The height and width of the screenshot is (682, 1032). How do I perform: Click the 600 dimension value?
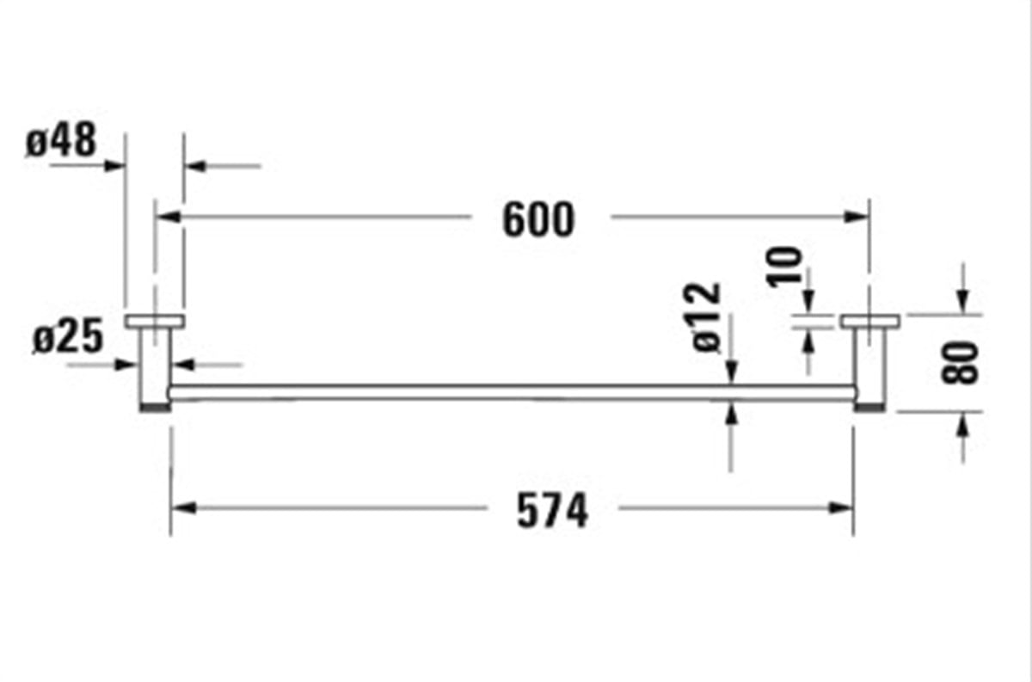tap(537, 220)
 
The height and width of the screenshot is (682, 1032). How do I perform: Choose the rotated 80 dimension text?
tap(961, 362)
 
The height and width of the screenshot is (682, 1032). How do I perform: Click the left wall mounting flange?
tap(155, 322)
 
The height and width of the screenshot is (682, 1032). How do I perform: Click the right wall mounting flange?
tap(870, 322)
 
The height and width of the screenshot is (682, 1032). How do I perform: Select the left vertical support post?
tap(155, 366)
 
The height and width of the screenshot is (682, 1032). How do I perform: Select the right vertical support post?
tap(869, 366)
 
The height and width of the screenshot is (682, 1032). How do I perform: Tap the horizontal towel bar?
tap(512, 392)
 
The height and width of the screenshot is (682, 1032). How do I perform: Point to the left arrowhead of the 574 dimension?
tap(183, 507)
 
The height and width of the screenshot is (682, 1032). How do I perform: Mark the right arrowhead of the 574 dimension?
tap(842, 507)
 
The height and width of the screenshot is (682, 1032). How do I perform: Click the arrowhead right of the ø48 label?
tap(115, 164)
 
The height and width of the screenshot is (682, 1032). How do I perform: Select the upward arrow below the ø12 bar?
tap(731, 415)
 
